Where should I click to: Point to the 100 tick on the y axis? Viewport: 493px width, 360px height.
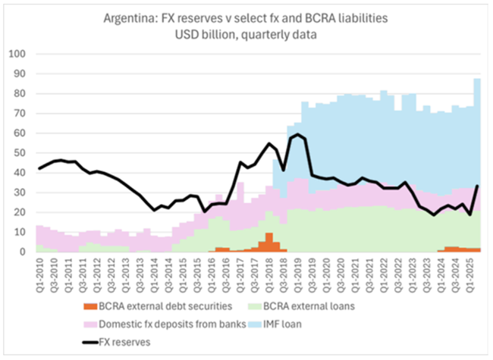[17, 55]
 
